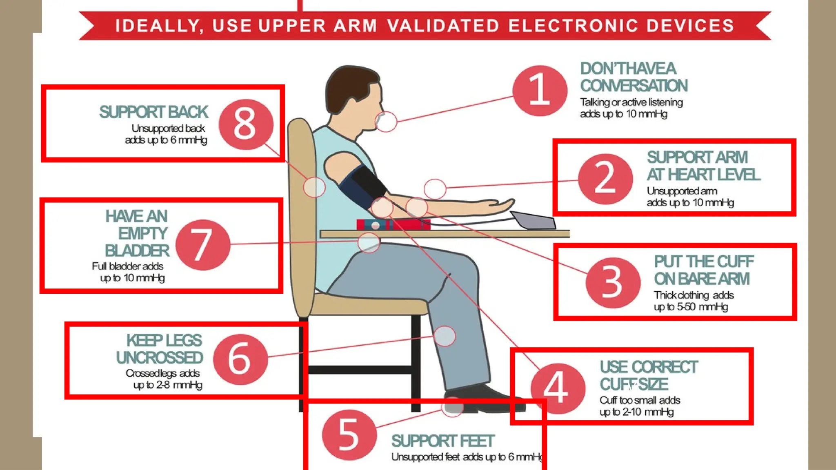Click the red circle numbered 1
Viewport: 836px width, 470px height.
[540, 91]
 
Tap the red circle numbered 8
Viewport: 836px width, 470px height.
[245, 124]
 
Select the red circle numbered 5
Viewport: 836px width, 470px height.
[349, 435]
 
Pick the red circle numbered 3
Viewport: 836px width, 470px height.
[612, 282]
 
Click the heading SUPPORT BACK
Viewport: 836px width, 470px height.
[154, 112]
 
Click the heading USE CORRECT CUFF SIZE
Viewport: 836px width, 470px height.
[648, 375]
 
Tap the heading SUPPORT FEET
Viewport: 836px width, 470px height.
[442, 441]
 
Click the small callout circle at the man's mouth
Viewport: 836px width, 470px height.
[386, 122]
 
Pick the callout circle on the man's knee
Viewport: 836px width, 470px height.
[445, 336]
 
